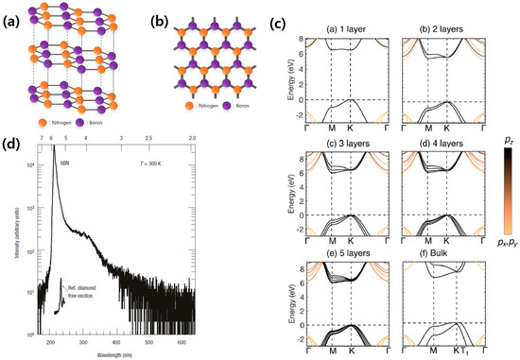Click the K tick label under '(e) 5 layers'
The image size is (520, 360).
(350, 351)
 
